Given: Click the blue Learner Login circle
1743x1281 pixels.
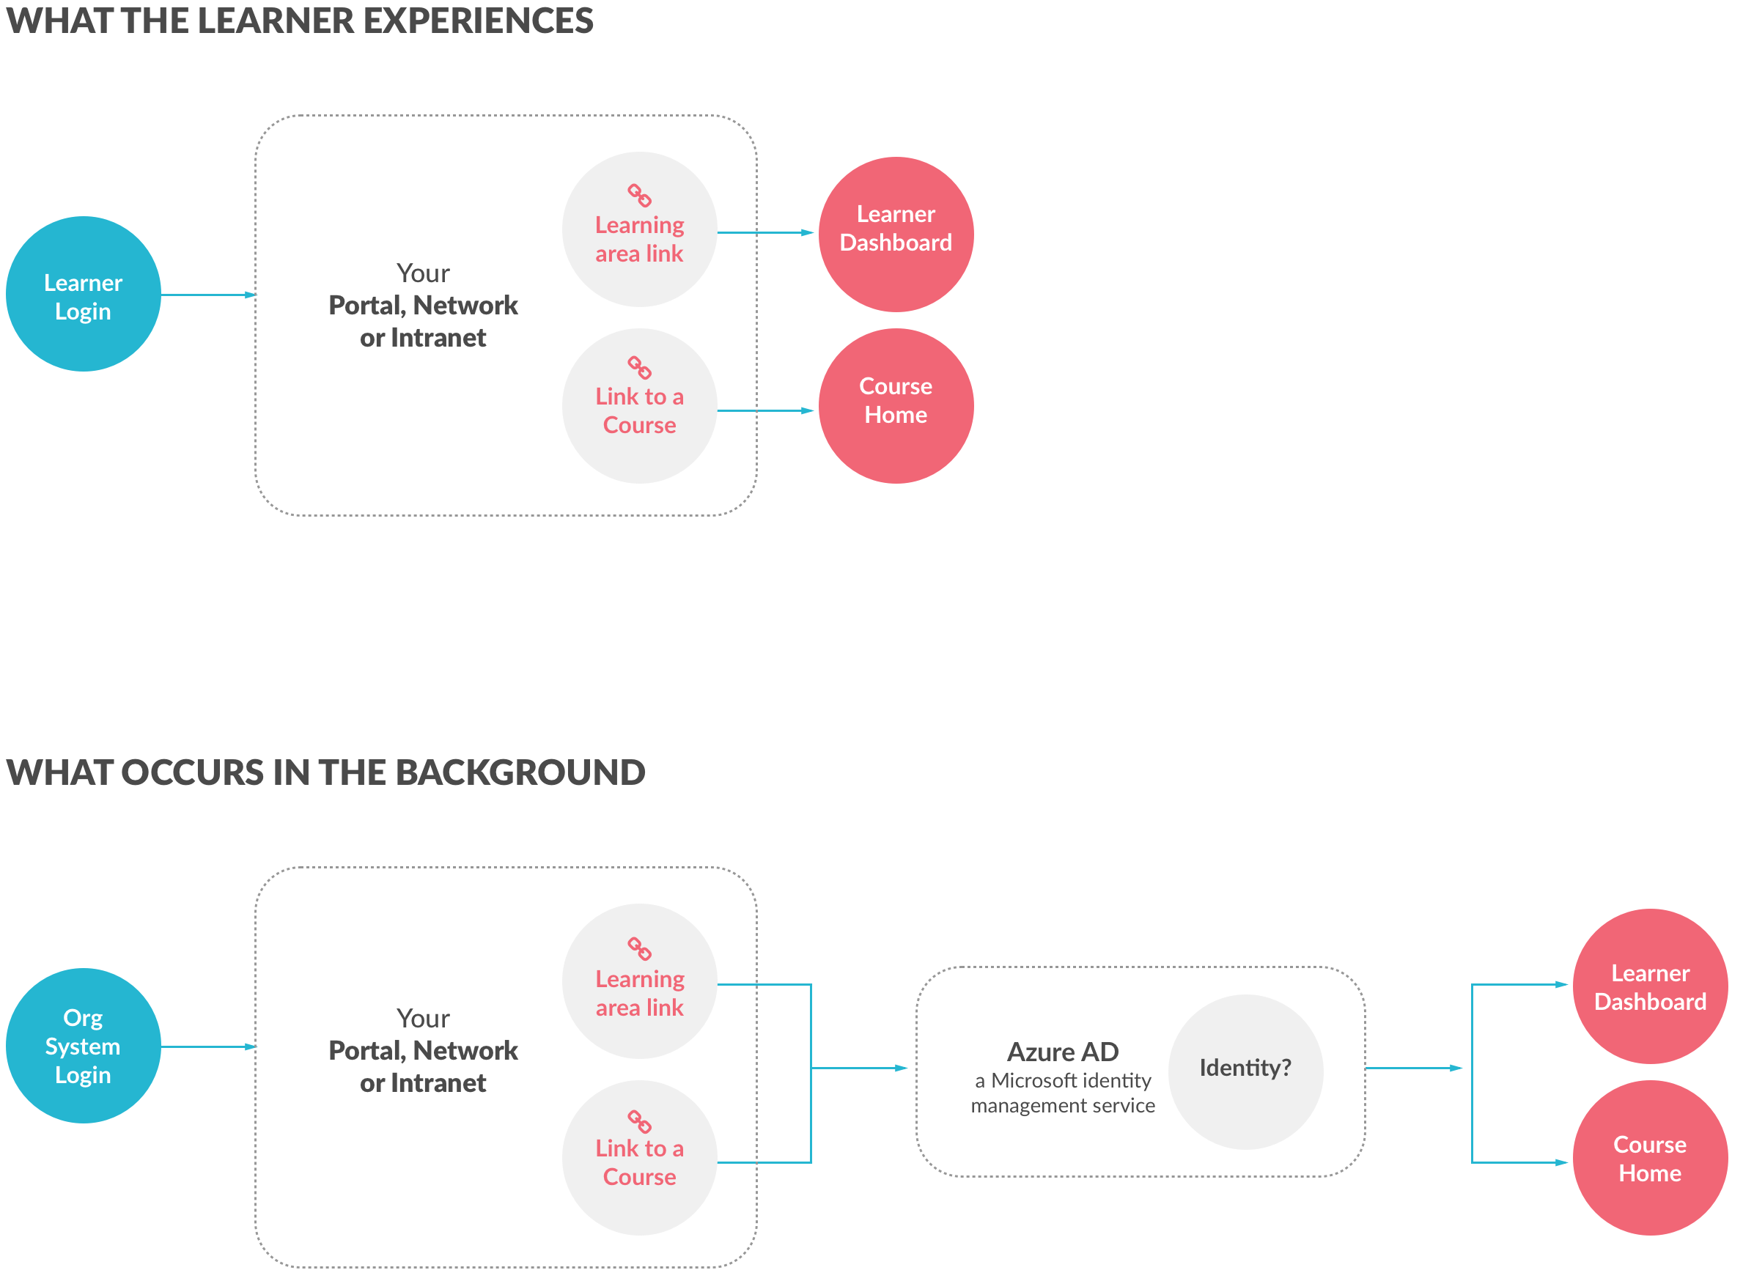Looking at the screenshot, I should [x=83, y=294].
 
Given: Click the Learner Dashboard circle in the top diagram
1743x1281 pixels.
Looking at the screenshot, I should [x=896, y=235].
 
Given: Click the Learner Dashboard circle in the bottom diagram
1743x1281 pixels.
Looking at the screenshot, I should [x=1649, y=986].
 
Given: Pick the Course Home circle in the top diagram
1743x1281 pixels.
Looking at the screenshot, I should [x=896, y=405].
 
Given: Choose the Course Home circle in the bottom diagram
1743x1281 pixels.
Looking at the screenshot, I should [x=1649, y=1158].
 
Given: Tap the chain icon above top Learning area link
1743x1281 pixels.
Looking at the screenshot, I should [x=639, y=196].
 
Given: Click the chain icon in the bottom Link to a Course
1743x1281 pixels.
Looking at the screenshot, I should [x=639, y=1121].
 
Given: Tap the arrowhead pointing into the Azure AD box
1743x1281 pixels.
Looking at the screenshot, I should [x=901, y=1068].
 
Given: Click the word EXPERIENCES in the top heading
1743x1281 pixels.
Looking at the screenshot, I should [x=478, y=21].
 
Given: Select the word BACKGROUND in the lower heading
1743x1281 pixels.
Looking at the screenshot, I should [x=520, y=772].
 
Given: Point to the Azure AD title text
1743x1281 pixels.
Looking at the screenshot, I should [x=1062, y=1052].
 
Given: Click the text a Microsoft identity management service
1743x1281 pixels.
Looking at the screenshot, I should [x=1062, y=1093].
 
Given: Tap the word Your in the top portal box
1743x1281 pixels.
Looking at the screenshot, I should [x=423, y=273].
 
